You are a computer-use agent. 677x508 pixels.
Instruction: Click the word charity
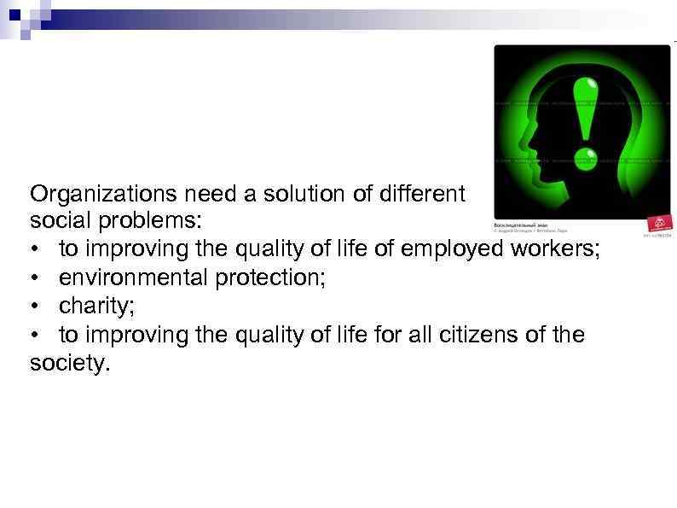[x=94, y=306]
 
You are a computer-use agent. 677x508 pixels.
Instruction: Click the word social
[x=55, y=221]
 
